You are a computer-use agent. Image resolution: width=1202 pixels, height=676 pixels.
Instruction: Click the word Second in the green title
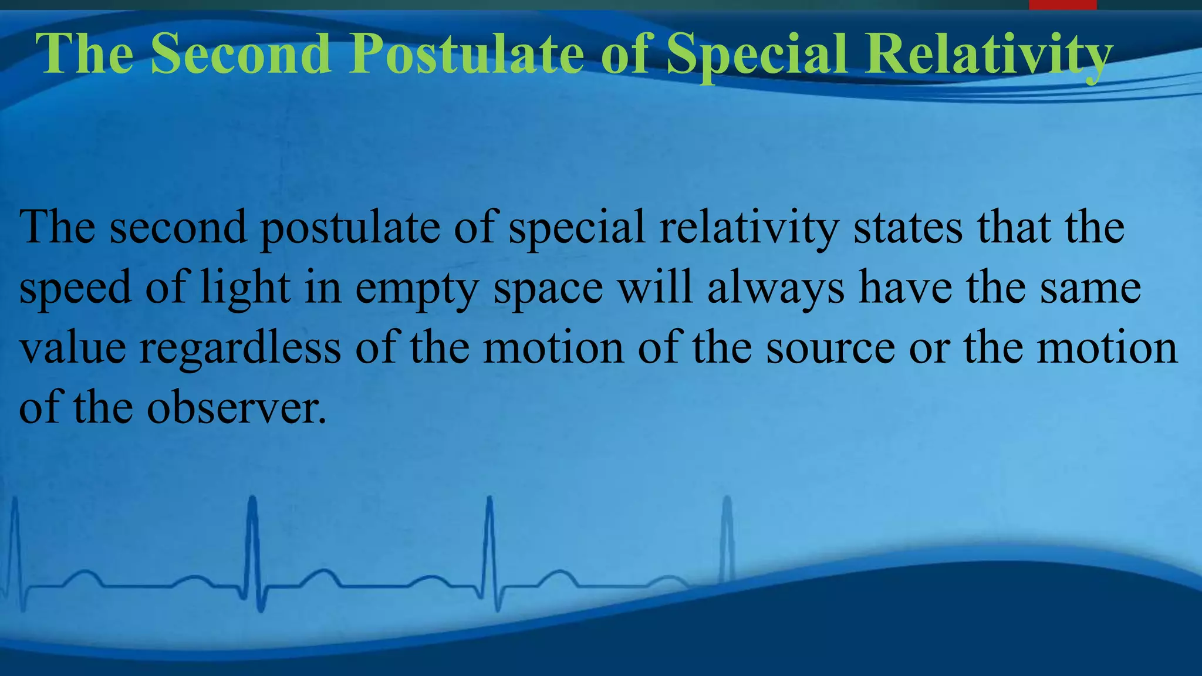(241, 54)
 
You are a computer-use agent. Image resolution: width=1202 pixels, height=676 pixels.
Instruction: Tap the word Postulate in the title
(467, 54)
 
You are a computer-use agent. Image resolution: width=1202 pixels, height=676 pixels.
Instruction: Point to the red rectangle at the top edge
(1062, 5)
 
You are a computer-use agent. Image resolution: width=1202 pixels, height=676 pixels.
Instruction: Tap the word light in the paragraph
(245, 289)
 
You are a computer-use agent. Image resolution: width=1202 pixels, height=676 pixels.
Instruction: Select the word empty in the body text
(417, 289)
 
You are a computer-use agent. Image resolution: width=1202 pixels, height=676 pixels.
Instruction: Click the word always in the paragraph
(775, 289)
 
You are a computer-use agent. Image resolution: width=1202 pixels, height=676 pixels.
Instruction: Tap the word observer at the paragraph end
(236, 408)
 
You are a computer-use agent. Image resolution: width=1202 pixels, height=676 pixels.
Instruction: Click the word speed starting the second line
(75, 289)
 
